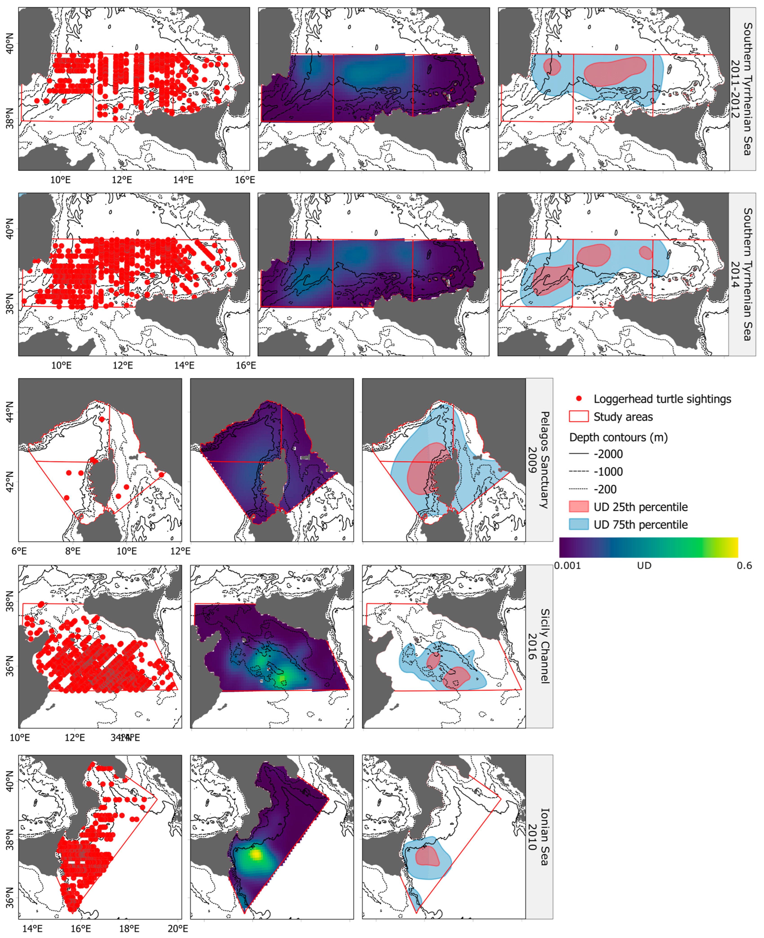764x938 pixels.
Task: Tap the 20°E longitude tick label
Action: (x=178, y=929)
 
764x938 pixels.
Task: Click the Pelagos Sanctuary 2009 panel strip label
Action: (x=539, y=460)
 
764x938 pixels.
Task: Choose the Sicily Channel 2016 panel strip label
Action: (x=539, y=646)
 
